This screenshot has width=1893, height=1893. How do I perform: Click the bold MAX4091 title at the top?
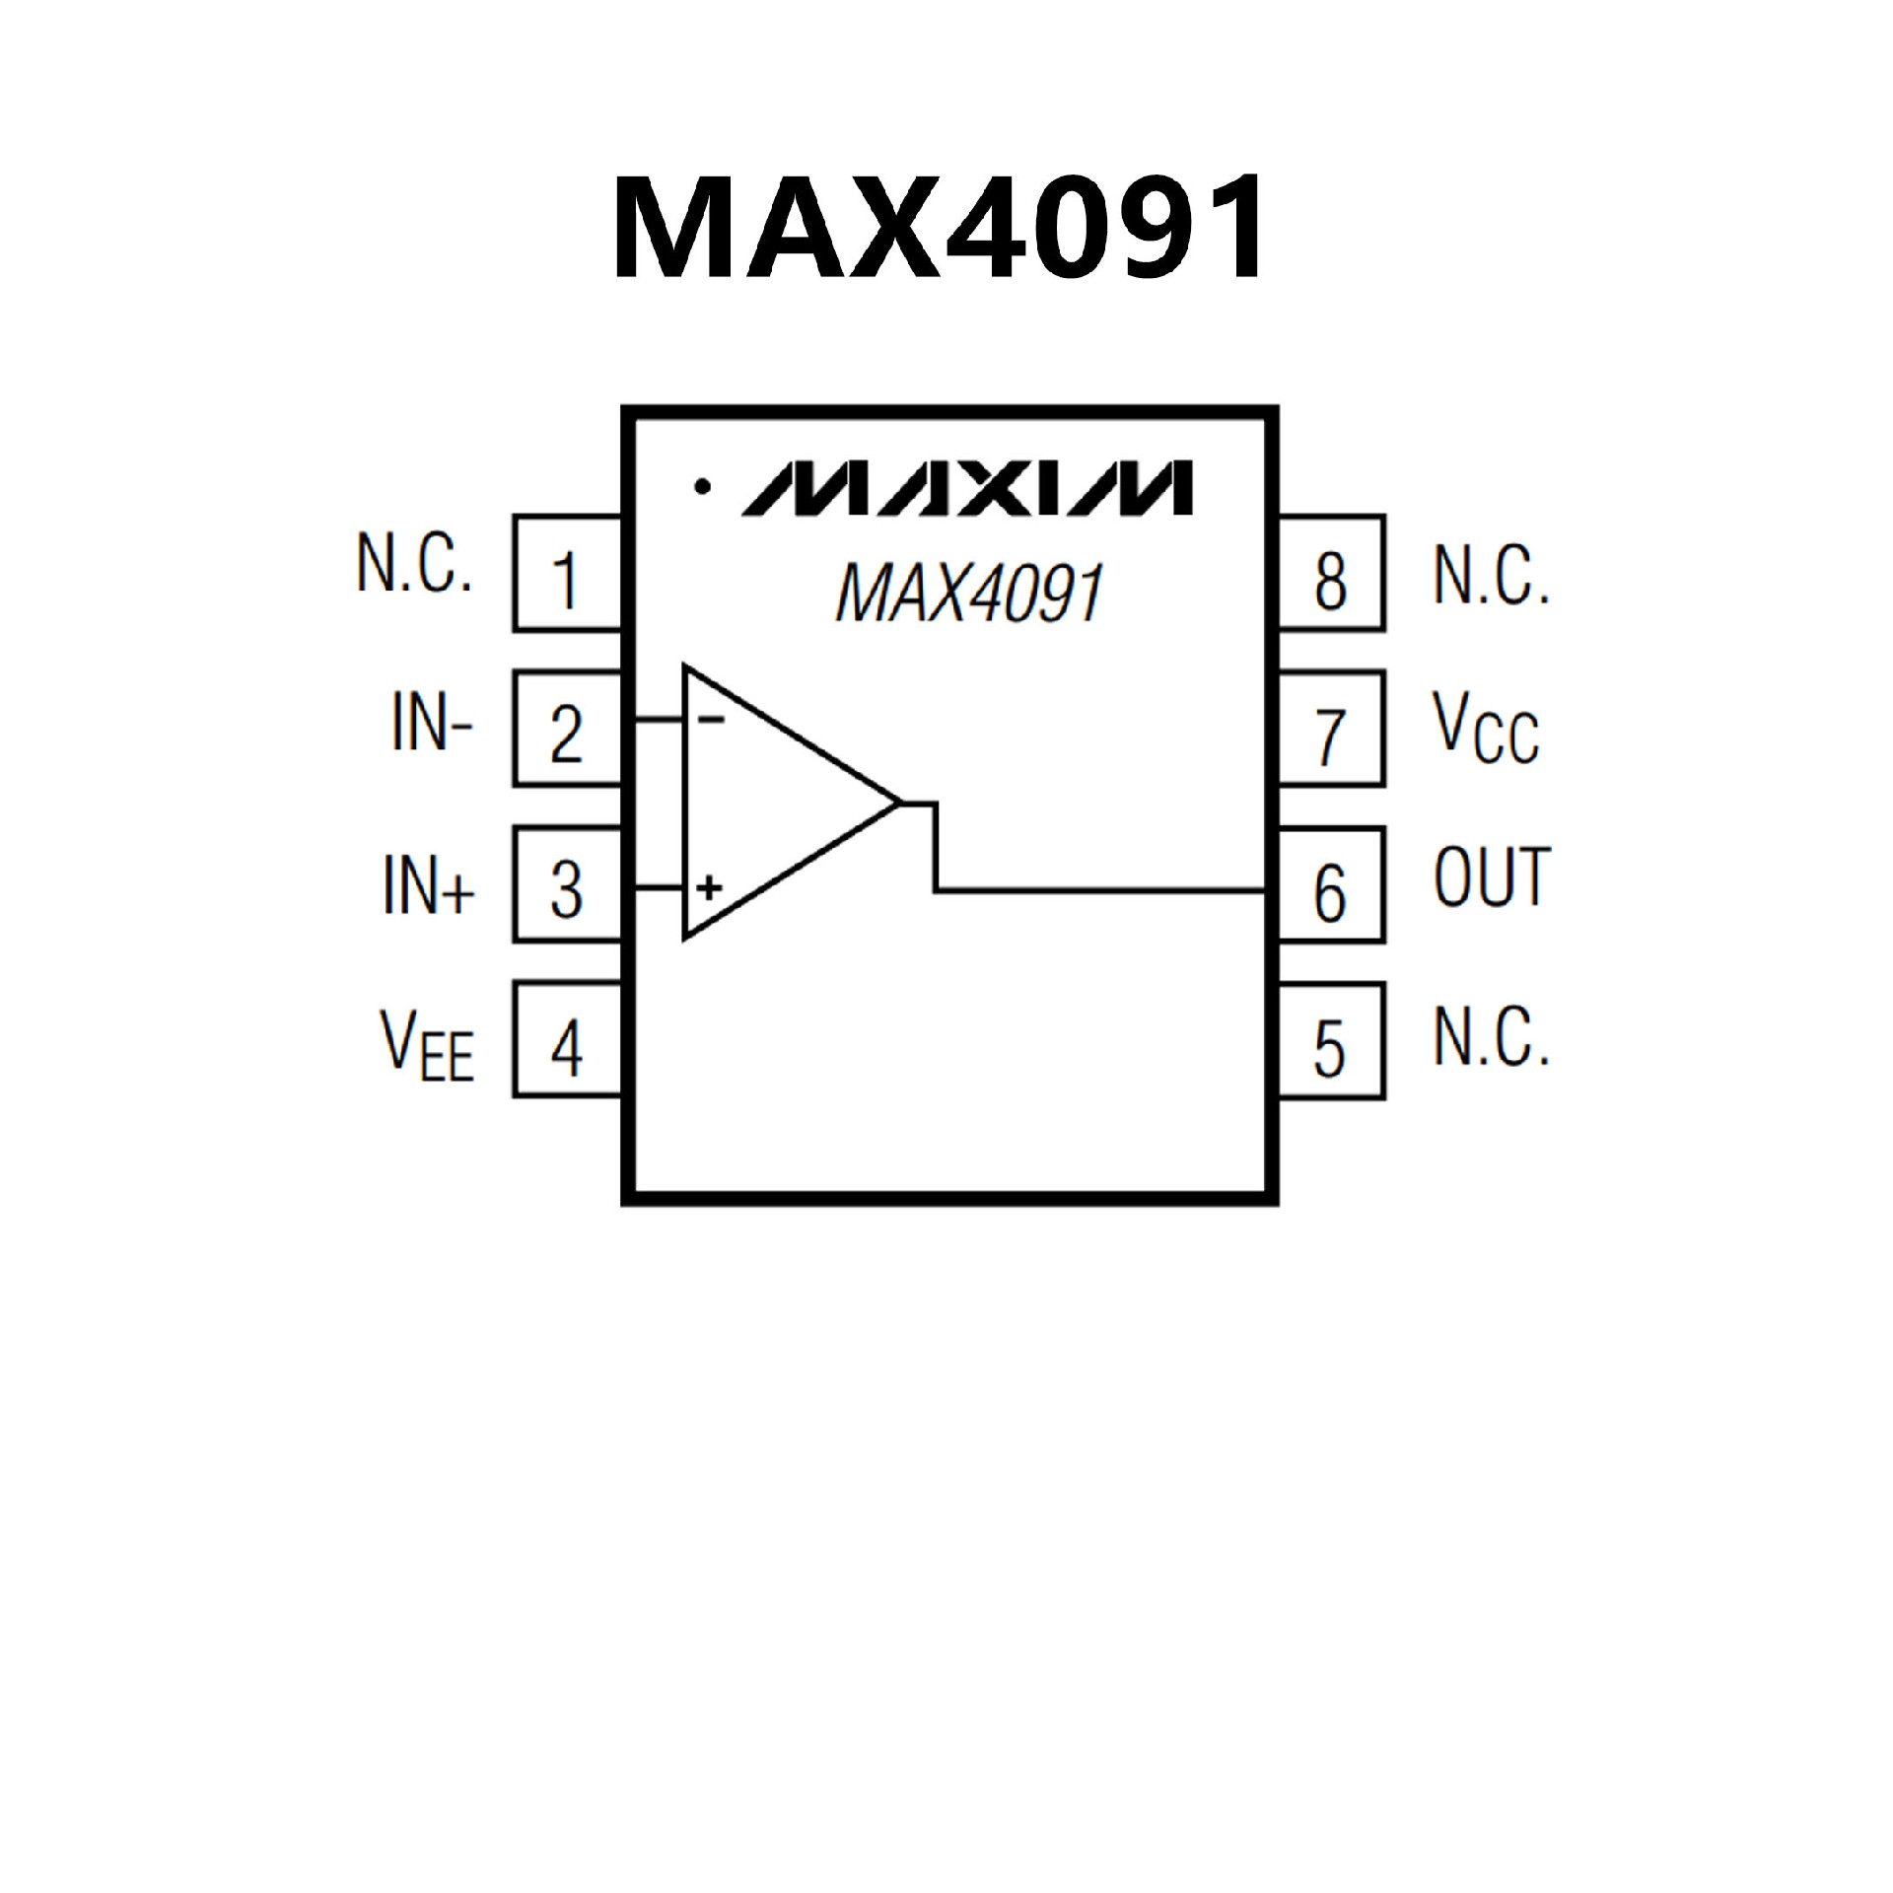click(938, 228)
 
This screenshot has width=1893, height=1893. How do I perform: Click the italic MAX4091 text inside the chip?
click(968, 594)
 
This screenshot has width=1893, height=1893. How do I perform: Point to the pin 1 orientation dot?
click(703, 486)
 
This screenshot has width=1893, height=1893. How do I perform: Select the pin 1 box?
click(566, 574)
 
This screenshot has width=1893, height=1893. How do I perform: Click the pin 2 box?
click(566, 730)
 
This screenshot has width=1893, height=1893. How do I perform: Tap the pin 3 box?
click(566, 885)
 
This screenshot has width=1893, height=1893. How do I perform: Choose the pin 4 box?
click(566, 1041)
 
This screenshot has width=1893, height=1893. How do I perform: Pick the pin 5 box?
click(1330, 1041)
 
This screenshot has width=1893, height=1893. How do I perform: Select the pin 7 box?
click(1330, 731)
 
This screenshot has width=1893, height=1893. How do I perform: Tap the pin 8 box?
click(1330, 575)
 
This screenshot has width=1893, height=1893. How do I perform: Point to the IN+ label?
click(428, 884)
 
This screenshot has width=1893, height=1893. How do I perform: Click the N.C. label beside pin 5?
click(1491, 1038)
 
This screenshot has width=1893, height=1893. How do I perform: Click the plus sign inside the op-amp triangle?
click(709, 888)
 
